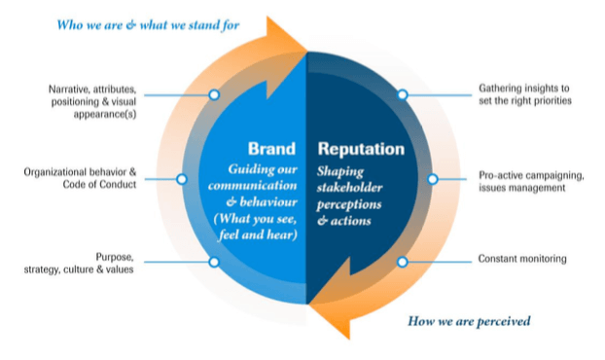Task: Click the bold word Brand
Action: tap(271, 151)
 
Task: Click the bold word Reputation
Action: tap(361, 151)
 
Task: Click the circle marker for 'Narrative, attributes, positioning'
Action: tap(214, 95)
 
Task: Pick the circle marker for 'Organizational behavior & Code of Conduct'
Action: tap(181, 179)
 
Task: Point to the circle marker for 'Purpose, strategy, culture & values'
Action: tap(214, 262)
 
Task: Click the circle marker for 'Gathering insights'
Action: tap(402, 95)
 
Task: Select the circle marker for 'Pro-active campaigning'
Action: tap(433, 179)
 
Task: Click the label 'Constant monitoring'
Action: tap(522, 260)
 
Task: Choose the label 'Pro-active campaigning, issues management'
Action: tap(531, 181)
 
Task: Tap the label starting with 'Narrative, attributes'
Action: tap(91, 96)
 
